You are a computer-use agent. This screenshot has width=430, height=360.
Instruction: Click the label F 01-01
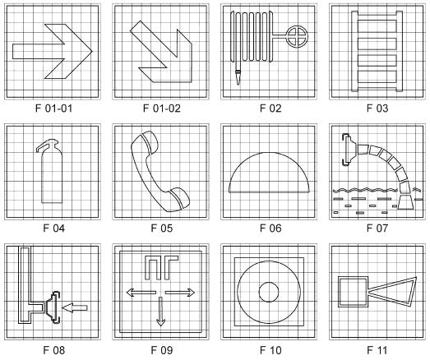(x=54, y=108)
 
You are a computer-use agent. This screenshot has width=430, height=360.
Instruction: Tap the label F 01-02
(x=162, y=108)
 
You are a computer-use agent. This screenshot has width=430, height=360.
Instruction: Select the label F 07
(x=377, y=228)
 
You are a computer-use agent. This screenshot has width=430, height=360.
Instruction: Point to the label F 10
(x=270, y=350)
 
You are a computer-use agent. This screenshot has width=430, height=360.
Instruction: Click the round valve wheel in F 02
(x=297, y=36)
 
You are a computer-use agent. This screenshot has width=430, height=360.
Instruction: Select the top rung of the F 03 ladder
(x=377, y=25)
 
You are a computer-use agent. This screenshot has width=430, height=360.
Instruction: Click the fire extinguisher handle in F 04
(x=47, y=145)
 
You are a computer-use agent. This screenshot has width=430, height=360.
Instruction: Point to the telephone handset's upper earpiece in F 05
(x=150, y=141)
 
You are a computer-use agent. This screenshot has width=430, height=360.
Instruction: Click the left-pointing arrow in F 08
(x=74, y=307)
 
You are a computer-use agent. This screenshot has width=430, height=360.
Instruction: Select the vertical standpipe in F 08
(x=25, y=285)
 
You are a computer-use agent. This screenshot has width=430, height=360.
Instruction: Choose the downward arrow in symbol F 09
(x=160, y=312)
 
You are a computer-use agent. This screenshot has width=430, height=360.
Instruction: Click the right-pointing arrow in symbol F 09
(x=180, y=293)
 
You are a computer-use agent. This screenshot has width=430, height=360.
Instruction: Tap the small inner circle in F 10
(x=269, y=292)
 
